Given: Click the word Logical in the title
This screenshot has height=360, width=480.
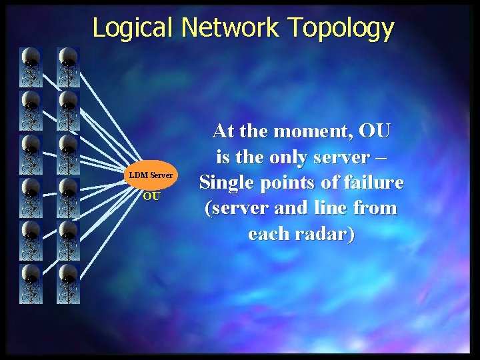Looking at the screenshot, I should [133, 28].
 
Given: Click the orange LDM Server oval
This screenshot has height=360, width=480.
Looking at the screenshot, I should [151, 175].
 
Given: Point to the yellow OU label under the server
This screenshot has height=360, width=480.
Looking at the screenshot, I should [151, 197].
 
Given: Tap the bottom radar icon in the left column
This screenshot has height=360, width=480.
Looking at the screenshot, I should [31, 284].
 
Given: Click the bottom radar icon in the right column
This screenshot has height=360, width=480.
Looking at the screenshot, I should [68, 284].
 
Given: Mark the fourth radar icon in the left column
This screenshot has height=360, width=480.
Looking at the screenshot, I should [31, 197].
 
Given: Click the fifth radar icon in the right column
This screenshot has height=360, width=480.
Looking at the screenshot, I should [68, 241].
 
